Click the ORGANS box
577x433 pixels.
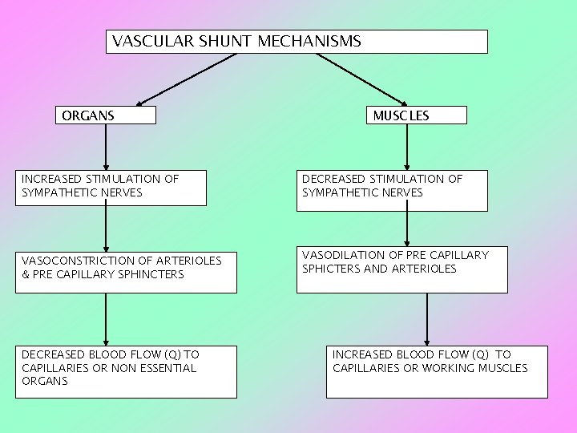[x=105, y=115]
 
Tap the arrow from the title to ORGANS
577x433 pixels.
[x=186, y=79]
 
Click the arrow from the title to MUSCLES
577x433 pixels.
[x=362, y=79]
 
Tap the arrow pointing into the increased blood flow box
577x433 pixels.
[x=427, y=319]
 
